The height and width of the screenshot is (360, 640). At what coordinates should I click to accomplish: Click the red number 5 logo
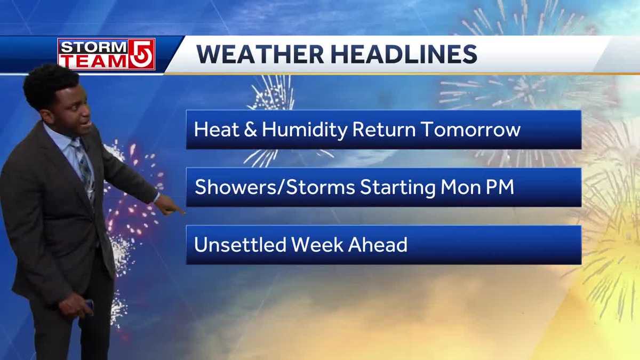click(x=142, y=54)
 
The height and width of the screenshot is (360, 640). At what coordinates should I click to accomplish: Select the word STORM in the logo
click(x=94, y=47)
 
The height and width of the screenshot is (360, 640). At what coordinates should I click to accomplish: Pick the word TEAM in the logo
click(x=94, y=61)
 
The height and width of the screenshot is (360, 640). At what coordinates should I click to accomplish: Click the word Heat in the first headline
click(x=217, y=130)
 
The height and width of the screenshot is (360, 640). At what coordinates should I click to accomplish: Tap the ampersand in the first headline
click(x=250, y=130)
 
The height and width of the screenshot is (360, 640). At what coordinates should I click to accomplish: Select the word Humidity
click(x=305, y=130)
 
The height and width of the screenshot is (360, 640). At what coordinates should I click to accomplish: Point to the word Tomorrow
click(x=471, y=130)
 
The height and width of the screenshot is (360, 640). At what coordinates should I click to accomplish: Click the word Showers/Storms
click(x=275, y=187)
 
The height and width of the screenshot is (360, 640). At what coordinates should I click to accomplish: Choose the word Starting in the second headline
click(x=398, y=188)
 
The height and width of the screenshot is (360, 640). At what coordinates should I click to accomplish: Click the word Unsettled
click(x=240, y=245)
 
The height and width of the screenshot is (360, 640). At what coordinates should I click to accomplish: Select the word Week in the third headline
click(x=317, y=245)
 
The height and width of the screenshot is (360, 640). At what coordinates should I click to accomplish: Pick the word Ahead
click(x=378, y=245)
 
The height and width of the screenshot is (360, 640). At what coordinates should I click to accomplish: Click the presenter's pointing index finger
click(x=177, y=210)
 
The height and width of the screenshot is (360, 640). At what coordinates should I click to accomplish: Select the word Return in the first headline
click(x=384, y=130)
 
